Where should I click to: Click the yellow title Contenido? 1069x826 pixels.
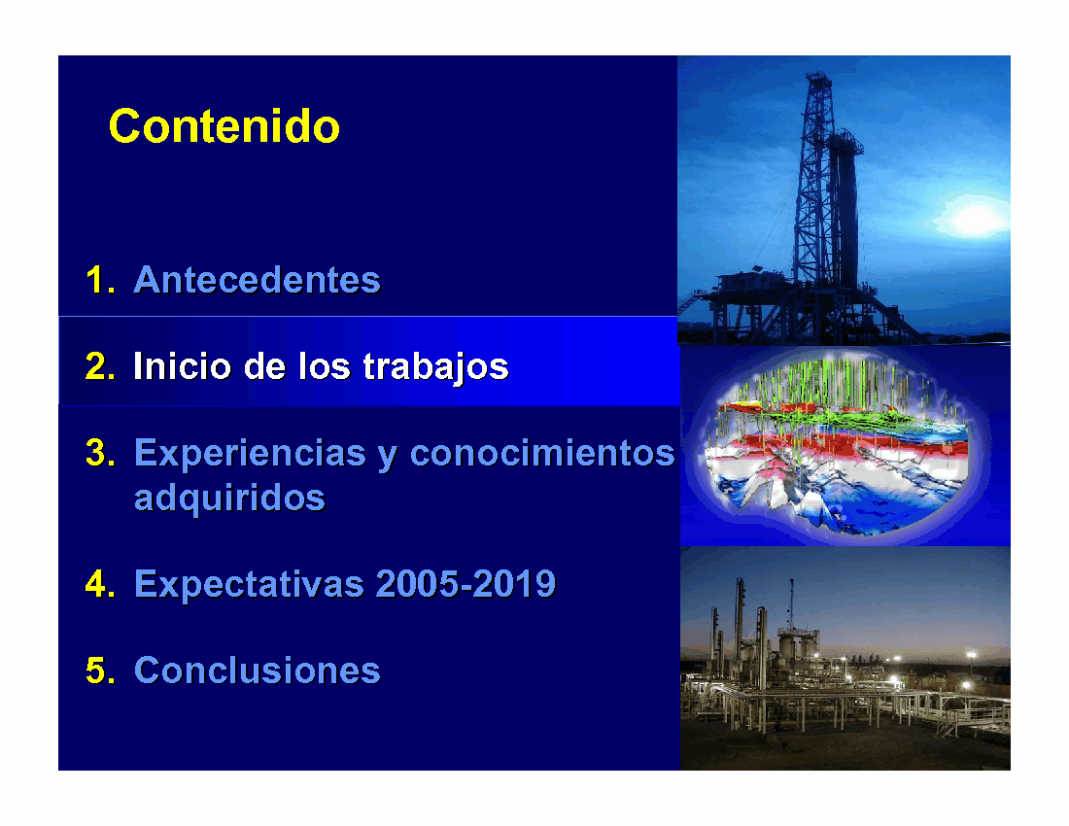pyautogui.click(x=224, y=126)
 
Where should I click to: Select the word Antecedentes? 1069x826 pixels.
pyautogui.click(x=257, y=280)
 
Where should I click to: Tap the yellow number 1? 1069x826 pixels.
pyautogui.click(x=99, y=280)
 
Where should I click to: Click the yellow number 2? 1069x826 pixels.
pyautogui.click(x=99, y=366)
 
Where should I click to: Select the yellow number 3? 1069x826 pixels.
pyautogui.click(x=99, y=453)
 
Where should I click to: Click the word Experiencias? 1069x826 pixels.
pyautogui.click(x=250, y=454)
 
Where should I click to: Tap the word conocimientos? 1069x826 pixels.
pyautogui.click(x=542, y=453)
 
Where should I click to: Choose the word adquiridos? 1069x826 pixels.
pyautogui.click(x=229, y=499)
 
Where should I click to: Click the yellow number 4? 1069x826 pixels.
pyautogui.click(x=99, y=583)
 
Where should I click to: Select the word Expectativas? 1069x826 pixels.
pyautogui.click(x=249, y=585)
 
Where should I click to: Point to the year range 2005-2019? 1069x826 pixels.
pyautogui.click(x=466, y=583)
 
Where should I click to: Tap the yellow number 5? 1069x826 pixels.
pyautogui.click(x=99, y=670)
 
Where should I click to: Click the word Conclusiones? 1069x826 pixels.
pyautogui.click(x=257, y=670)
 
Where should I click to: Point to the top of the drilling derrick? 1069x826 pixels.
pyautogui.click(x=818, y=75)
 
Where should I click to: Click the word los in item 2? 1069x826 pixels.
pyautogui.click(x=325, y=366)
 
